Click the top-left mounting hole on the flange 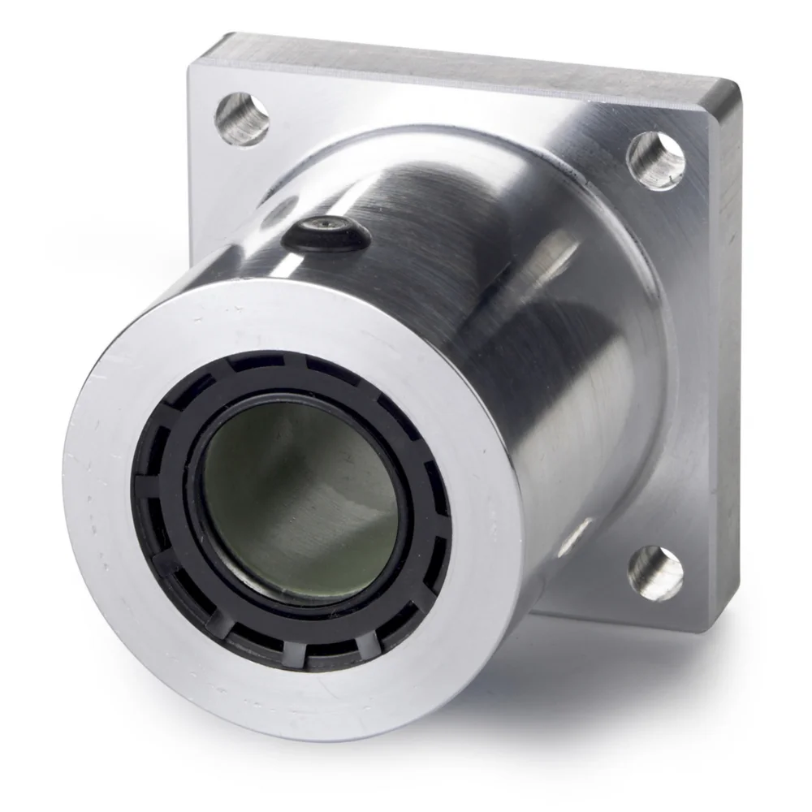241,119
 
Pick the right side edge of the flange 728,325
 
